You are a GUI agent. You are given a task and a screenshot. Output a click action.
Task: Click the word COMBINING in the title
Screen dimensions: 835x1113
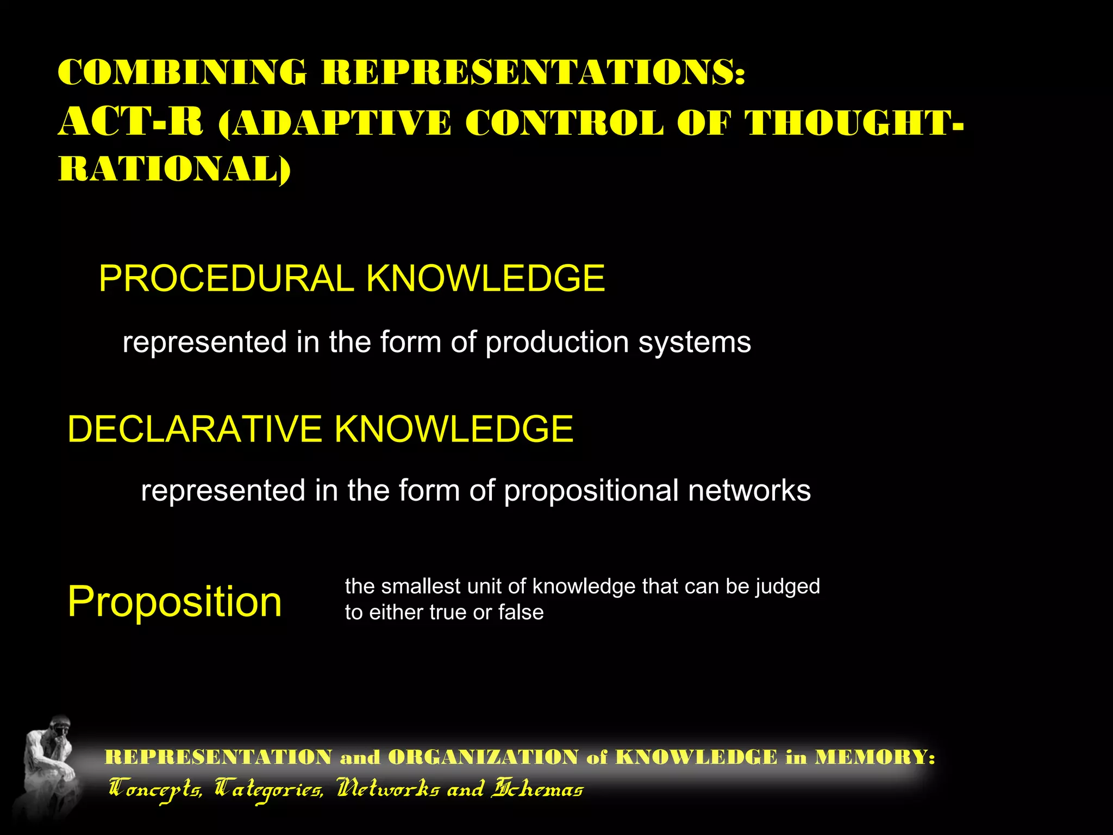pos(182,72)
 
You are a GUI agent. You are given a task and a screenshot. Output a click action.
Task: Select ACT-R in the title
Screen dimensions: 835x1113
pos(131,122)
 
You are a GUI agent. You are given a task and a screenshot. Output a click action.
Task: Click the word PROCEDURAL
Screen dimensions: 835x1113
pos(226,279)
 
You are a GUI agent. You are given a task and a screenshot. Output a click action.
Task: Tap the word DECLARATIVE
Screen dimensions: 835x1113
pos(195,429)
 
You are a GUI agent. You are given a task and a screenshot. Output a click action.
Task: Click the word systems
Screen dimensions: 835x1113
pos(695,343)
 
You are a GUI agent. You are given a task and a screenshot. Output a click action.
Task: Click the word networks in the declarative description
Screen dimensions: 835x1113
pos(749,490)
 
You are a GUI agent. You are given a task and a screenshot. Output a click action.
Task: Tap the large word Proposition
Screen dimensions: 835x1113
pos(174,602)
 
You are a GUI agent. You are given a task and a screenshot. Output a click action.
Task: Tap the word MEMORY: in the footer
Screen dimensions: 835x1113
pos(874,757)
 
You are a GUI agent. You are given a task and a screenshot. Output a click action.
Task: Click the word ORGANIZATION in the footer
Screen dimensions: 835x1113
pos(483,757)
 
